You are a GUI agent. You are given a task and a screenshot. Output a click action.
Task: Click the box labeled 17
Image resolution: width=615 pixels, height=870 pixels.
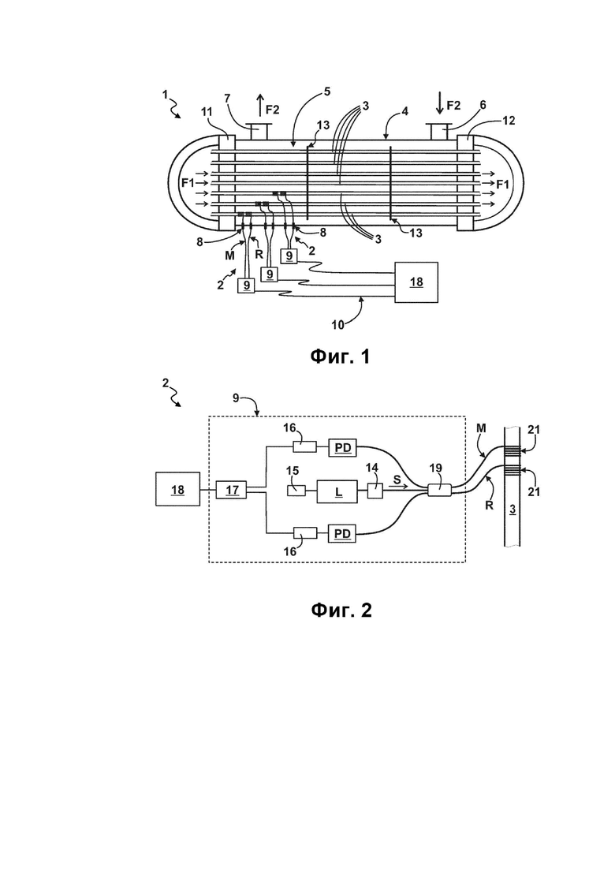pos(232,490)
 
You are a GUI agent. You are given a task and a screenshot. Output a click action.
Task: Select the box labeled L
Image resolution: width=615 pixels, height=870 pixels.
pos(337,491)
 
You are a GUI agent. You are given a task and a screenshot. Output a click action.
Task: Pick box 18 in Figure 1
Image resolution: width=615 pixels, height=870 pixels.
pos(416,282)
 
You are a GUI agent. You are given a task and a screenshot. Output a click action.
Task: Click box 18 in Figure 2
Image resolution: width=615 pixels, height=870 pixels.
pos(177,489)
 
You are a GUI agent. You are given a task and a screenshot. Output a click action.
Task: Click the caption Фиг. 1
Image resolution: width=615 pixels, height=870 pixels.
pos(339,357)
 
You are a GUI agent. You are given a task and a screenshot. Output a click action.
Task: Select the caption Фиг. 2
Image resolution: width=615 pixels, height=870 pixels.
pos(341,610)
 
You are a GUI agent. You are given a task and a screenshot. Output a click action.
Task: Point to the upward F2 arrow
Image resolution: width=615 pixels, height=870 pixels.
pos(259,106)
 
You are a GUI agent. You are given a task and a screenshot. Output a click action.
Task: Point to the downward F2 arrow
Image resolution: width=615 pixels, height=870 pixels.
pos(439,104)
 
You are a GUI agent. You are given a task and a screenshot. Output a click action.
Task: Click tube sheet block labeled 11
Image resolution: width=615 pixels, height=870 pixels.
pos(227,182)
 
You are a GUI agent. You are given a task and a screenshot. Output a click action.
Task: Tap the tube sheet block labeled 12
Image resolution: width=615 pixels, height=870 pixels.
pos(464,182)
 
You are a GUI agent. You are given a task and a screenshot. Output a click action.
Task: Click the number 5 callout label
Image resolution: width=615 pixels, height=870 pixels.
pos(327,91)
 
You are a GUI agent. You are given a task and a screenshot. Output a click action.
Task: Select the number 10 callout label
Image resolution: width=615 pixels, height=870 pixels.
pos(337,325)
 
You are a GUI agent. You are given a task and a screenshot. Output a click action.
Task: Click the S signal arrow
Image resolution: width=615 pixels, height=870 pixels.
pos(399,487)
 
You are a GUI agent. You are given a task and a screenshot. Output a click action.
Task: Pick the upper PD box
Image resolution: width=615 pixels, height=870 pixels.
pos(343,447)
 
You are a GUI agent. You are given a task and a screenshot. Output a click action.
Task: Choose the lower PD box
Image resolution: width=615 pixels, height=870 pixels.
pos(343,534)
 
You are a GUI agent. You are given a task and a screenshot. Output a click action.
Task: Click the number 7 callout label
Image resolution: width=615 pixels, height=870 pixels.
pos(227,99)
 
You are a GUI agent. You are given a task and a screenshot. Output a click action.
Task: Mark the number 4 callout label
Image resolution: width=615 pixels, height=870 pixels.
pos(404,111)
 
